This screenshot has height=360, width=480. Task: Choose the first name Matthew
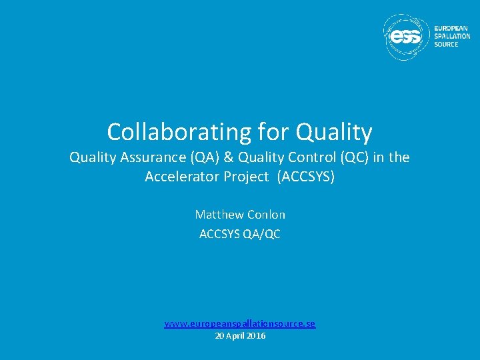(219, 215)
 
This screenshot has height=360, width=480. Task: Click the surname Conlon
(267, 215)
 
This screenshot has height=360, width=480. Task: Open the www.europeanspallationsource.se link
(240, 324)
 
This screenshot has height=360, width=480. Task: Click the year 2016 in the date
(255, 336)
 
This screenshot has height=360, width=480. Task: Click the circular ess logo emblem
(407, 37)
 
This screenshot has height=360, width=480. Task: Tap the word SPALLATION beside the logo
(452, 37)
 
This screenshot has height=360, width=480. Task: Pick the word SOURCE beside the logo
(446, 45)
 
